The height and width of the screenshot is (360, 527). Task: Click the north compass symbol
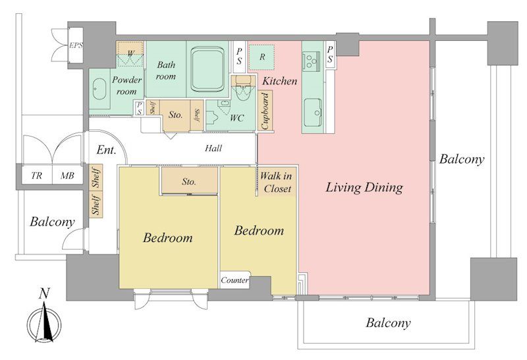tap(44, 320)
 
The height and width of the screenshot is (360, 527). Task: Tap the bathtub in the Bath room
tap(208, 69)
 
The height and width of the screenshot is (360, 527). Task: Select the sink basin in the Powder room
tap(99, 89)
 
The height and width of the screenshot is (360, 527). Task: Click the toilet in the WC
tap(242, 89)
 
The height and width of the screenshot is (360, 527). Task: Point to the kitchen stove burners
tap(311, 61)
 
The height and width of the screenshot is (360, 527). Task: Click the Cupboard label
tap(265, 111)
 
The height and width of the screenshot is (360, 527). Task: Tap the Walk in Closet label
tap(276, 183)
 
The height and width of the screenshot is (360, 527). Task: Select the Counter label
tap(235, 280)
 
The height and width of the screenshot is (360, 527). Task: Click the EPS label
tap(76, 45)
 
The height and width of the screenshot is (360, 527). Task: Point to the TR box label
tap(37, 175)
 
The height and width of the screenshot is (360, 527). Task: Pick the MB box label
tap(67, 175)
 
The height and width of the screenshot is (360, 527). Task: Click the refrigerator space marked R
tap(262, 57)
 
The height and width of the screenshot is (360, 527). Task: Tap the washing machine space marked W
tap(130, 53)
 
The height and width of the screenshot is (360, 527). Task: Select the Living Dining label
tap(364, 188)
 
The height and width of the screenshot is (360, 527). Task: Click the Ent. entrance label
tap(106, 150)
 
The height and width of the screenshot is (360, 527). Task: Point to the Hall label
tap(213, 148)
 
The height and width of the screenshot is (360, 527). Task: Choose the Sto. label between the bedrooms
tap(189, 182)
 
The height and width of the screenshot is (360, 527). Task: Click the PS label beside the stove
tap(330, 55)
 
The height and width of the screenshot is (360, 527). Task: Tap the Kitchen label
tap(279, 80)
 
